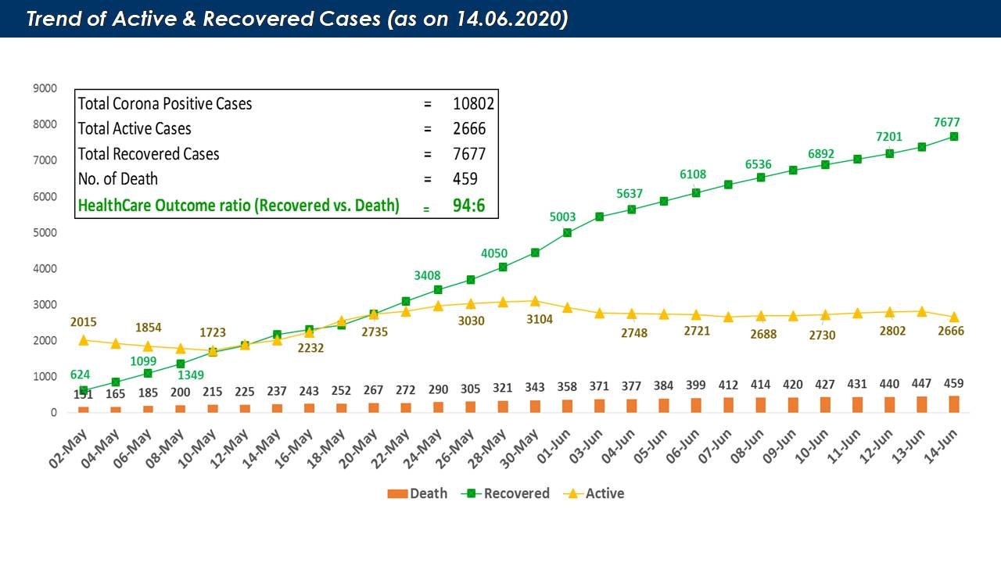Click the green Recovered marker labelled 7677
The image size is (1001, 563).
954,136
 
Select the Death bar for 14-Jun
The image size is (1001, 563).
954,403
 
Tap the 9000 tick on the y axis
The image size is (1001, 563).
45,88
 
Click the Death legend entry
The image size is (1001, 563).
418,493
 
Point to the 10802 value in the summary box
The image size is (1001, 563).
473,103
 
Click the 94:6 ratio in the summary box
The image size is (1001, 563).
470,206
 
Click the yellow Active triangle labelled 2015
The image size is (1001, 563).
83,339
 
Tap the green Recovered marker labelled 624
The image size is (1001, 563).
83,390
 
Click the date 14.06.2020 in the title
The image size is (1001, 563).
508,20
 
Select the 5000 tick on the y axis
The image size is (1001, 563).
45,233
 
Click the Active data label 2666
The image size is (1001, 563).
950,332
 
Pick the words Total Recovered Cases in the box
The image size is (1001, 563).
149,154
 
